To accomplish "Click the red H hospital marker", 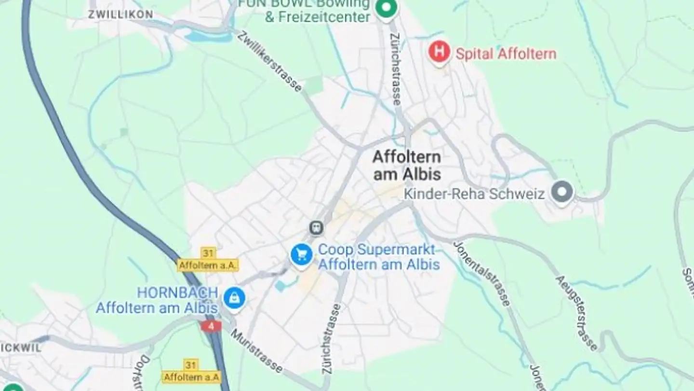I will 439,51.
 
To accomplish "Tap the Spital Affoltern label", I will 506,54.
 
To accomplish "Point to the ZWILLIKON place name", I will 120,14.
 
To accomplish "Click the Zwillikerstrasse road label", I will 270,61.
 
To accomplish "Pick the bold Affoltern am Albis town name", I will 407,165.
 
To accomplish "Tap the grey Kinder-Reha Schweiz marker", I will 562,192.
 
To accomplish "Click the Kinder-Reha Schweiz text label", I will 474,194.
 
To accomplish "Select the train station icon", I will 316,227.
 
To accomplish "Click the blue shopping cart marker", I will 302,254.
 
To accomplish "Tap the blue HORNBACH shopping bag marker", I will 234,298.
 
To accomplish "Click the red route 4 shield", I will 211,326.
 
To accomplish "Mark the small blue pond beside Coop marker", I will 280,286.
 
